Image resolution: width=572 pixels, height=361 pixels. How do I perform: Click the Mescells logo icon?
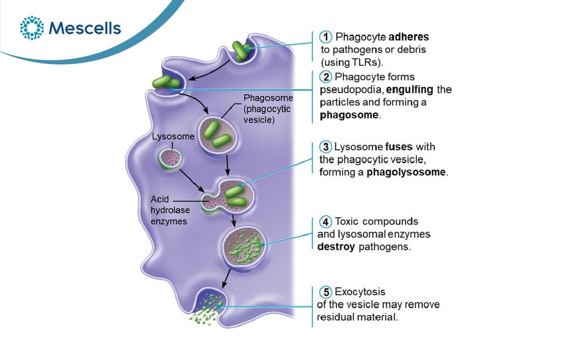coord(31,27)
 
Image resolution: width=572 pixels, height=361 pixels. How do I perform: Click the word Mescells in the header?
coord(85,28)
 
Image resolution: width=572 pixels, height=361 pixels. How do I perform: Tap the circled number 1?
coord(325,37)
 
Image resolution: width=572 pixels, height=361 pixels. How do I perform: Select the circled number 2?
coord(325,77)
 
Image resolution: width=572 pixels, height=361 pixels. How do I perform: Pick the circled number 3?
coord(325,146)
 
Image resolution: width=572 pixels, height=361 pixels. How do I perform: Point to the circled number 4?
coord(325,221)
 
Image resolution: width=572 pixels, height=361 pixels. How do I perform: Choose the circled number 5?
coord(325,292)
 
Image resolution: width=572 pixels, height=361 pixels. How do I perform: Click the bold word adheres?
coord(408,37)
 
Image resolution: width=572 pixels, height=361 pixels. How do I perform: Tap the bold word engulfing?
coord(410,90)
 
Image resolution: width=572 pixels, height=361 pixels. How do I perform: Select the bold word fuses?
coord(399,146)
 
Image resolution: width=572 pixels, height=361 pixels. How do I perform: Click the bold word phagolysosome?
coord(406,172)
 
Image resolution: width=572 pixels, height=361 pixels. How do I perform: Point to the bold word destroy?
coord(336,247)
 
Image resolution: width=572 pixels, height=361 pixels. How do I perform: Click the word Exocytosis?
coord(360,292)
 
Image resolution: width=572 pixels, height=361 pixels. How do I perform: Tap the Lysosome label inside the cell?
coord(173,137)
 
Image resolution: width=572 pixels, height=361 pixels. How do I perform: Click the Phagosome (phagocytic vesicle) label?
coord(268,109)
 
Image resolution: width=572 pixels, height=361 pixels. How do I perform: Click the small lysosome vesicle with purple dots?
coord(170,159)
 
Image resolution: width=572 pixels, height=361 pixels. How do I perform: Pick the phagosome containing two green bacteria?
coord(217,136)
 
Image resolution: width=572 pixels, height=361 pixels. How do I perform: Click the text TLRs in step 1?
coord(365,62)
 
